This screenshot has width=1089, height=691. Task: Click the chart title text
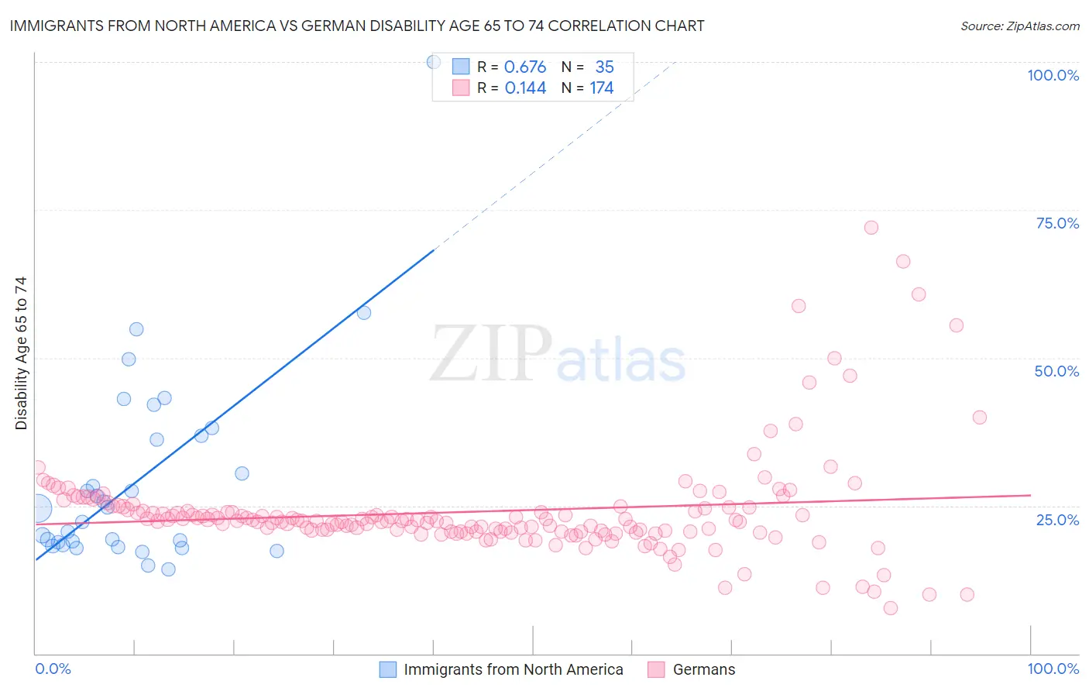click(x=356, y=26)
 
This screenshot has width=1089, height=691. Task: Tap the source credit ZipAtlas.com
click(x=1019, y=26)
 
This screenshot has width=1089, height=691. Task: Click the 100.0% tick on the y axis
click(x=1053, y=75)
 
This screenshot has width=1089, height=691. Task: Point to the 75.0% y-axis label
click(x=1057, y=223)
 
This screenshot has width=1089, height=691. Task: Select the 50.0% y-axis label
click(x=1056, y=371)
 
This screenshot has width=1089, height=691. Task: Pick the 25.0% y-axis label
click(x=1057, y=519)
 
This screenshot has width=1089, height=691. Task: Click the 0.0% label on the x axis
click(x=53, y=669)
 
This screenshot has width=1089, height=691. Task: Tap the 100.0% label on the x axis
click(x=1053, y=669)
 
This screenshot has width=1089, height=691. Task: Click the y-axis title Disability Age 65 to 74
click(x=21, y=353)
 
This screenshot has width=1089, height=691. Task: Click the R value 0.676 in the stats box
click(x=525, y=67)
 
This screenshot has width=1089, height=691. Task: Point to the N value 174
click(x=601, y=88)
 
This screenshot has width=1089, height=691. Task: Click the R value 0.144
click(x=525, y=88)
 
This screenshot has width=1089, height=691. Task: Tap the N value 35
click(x=604, y=67)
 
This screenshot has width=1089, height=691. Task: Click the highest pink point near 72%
click(x=871, y=228)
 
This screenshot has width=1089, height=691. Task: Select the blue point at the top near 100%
click(x=434, y=62)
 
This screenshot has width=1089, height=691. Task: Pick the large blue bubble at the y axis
click(x=37, y=509)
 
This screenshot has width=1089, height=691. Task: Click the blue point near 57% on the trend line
click(x=364, y=313)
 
